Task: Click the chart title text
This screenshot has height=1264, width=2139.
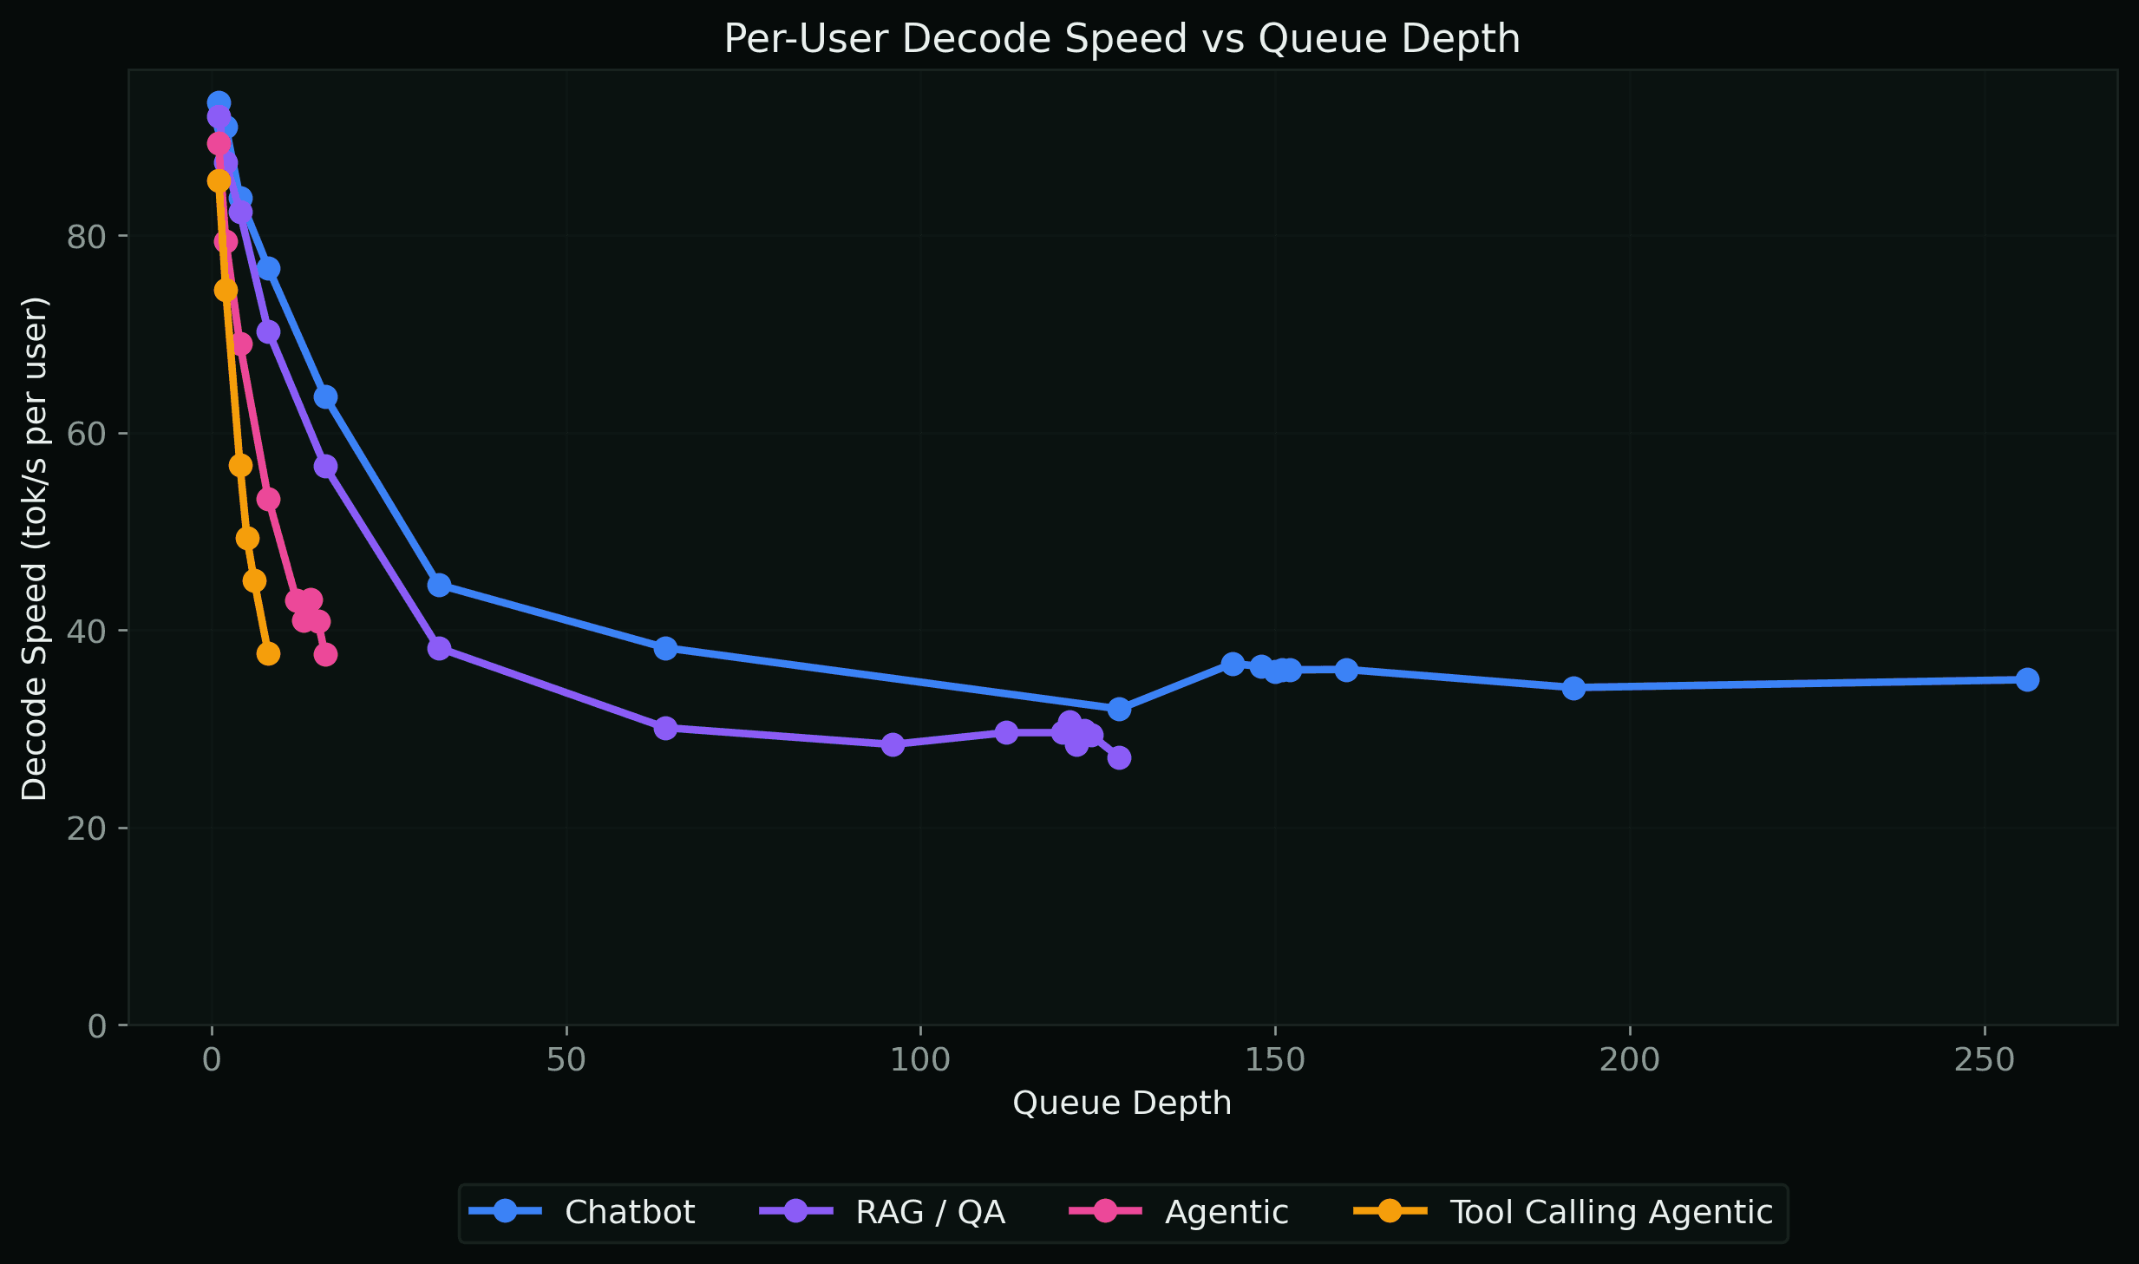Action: pyautogui.click(x=1122, y=39)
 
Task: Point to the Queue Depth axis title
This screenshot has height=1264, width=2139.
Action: pyautogui.click(x=1122, y=1103)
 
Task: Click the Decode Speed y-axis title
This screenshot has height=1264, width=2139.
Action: pyautogui.click(x=35, y=548)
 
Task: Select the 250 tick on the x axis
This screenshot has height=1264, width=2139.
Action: pyautogui.click(x=1985, y=1060)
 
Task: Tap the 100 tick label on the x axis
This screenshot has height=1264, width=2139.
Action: pyautogui.click(x=920, y=1060)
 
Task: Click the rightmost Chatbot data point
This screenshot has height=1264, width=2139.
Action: pyautogui.click(x=2027, y=679)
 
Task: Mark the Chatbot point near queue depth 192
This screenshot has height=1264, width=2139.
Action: pyautogui.click(x=1573, y=688)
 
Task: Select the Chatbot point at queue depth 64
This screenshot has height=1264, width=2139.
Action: pyautogui.click(x=665, y=648)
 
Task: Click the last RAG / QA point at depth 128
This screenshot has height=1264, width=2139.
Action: pyautogui.click(x=1119, y=757)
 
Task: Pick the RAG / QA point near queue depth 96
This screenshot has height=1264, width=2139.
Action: pyautogui.click(x=893, y=744)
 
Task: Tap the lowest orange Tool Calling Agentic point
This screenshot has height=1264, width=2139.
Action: pyautogui.click(x=268, y=653)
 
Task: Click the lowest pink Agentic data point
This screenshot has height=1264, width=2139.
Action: pyautogui.click(x=325, y=654)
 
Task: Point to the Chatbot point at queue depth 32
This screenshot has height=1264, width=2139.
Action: pyautogui.click(x=439, y=585)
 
